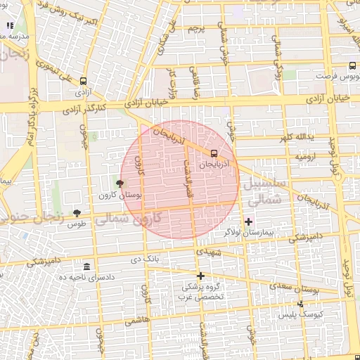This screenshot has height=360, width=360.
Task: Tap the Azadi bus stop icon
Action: tap(84, 81)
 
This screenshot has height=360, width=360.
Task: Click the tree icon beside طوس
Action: tap(77, 212)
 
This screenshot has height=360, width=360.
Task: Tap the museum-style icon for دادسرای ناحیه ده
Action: tap(86, 266)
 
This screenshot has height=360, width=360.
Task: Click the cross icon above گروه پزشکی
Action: tap(200, 276)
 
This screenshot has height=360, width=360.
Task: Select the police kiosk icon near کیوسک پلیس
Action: tap(301, 304)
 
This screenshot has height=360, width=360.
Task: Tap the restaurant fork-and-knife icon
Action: tap(10, 26)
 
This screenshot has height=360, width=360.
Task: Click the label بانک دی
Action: tap(146, 259)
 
